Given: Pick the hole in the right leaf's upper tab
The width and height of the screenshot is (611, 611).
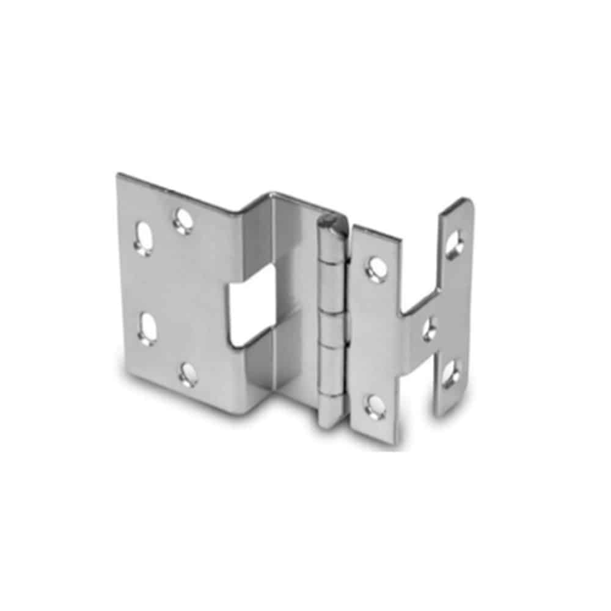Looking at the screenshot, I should click(x=453, y=244).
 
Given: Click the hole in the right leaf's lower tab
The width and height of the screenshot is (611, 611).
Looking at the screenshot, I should click(x=451, y=373).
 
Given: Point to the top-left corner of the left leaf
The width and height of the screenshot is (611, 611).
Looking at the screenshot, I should click(x=119, y=175).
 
